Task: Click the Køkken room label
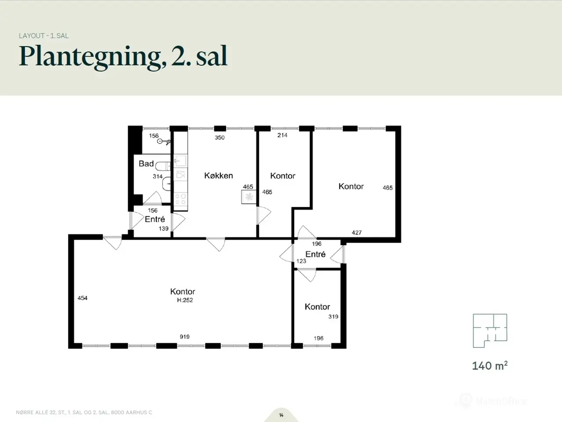pyautogui.click(x=218, y=176)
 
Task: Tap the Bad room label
pyautogui.click(x=146, y=164)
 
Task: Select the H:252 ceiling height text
pyautogui.click(x=185, y=300)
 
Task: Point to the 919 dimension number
pyautogui.click(x=184, y=337)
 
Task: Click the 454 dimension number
pyautogui.click(x=83, y=298)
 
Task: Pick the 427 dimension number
pyautogui.click(x=357, y=233)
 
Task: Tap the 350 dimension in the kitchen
pyautogui.click(x=220, y=138)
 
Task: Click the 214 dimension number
pyautogui.click(x=282, y=135)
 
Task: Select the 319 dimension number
pyautogui.click(x=333, y=316)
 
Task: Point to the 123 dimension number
pyautogui.click(x=301, y=261)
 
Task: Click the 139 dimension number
pyautogui.click(x=164, y=229)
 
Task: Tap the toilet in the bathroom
pyautogui.click(x=163, y=166)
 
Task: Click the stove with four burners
pyautogui.click(x=180, y=199)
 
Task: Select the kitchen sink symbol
pyautogui.click(x=180, y=161)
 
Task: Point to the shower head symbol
pyautogui.click(x=163, y=141)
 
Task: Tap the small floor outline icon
pyautogui.click(x=490, y=331)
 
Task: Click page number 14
pyautogui.click(x=281, y=415)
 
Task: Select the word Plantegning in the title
pyautogui.click(x=90, y=57)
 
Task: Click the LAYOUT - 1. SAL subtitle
pyautogui.click(x=44, y=36)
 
